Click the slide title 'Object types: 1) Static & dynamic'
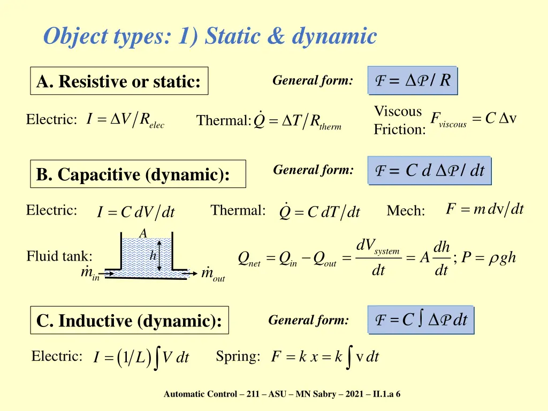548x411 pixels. [x=210, y=37]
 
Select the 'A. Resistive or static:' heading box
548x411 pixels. [x=119, y=81]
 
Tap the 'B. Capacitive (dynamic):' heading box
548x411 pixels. [x=138, y=174]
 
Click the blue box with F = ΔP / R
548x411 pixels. [x=413, y=81]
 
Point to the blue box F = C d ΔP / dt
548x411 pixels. [x=429, y=171]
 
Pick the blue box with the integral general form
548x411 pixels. [x=421, y=320]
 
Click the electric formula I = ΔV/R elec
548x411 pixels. [x=125, y=120]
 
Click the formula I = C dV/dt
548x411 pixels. [x=136, y=212]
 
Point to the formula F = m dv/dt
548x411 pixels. [x=485, y=209]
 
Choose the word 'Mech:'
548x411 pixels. [x=406, y=211]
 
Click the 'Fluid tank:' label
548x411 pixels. [x=59, y=257]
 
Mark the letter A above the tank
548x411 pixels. [x=142, y=233]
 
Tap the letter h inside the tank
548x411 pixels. [x=153, y=256]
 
